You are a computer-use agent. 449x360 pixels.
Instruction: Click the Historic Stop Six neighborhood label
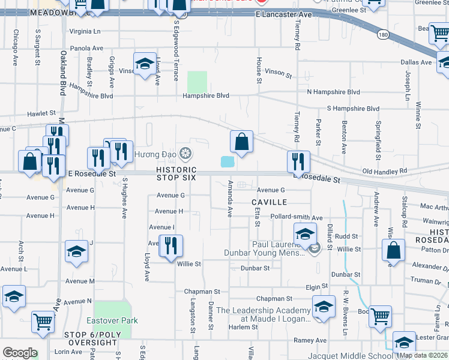(x=176, y=173)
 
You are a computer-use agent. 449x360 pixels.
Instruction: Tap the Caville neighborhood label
(x=270, y=202)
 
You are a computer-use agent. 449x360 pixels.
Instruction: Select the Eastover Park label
(x=112, y=320)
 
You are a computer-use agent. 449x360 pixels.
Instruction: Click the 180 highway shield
(x=382, y=35)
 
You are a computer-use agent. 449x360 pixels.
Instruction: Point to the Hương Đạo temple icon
(x=185, y=154)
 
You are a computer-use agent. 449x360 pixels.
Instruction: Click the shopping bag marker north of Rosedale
(x=241, y=143)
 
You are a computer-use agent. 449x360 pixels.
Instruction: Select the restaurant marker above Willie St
(x=170, y=246)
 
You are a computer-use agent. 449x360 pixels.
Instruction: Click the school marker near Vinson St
(x=145, y=65)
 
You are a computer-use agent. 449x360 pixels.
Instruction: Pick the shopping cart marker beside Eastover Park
(x=43, y=323)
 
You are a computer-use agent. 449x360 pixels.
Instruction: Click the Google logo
(x=20, y=353)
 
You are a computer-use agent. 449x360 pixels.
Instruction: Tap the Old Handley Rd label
(x=384, y=171)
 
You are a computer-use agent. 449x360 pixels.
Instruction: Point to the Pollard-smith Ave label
(x=297, y=218)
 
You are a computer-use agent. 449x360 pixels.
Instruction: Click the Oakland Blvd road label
(x=62, y=73)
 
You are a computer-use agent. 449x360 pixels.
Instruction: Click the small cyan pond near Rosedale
(x=228, y=161)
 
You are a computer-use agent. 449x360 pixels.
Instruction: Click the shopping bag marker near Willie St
(x=393, y=252)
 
